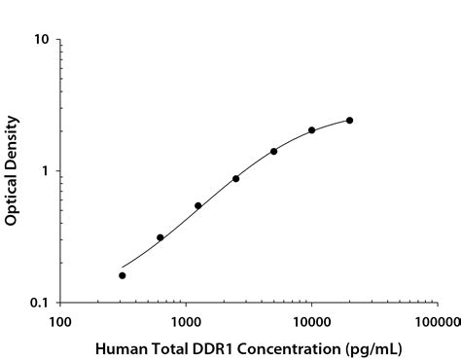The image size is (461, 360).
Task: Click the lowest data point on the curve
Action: (x=123, y=275)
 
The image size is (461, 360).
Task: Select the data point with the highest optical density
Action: (x=349, y=121)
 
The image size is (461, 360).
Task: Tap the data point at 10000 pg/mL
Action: (x=311, y=130)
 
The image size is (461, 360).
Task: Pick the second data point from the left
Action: (x=160, y=237)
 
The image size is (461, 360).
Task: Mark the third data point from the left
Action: (x=198, y=205)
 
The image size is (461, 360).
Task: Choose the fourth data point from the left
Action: (x=236, y=179)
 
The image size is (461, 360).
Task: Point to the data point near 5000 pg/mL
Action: (x=274, y=152)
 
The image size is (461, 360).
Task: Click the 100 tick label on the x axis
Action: (x=60, y=320)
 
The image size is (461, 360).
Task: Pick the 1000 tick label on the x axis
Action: (x=186, y=320)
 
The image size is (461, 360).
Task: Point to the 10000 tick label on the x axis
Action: (x=311, y=320)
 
